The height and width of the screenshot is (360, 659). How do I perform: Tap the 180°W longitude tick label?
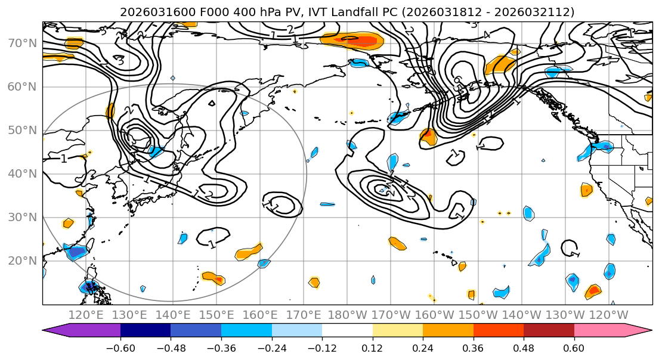[348, 314]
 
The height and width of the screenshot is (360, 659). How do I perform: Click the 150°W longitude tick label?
[479, 314]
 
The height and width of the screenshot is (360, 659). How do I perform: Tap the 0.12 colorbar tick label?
[372, 347]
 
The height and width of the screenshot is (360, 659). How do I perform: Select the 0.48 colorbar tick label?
[524, 347]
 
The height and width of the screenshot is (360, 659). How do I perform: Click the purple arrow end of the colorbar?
[57, 331]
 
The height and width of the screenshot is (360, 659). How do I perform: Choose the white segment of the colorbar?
[347, 331]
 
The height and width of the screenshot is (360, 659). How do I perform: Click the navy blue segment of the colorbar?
[146, 331]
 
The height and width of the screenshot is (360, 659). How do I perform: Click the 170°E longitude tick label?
[304, 314]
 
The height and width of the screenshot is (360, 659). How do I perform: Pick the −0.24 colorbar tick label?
[271, 347]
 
